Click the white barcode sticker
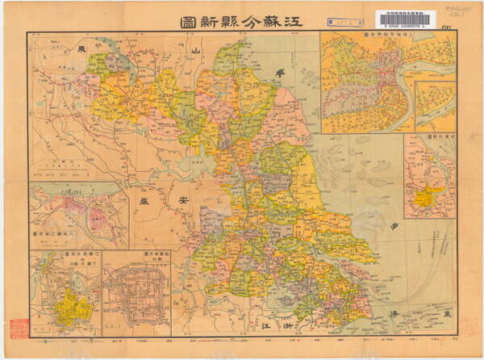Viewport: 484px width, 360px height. [x=414, y=20]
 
